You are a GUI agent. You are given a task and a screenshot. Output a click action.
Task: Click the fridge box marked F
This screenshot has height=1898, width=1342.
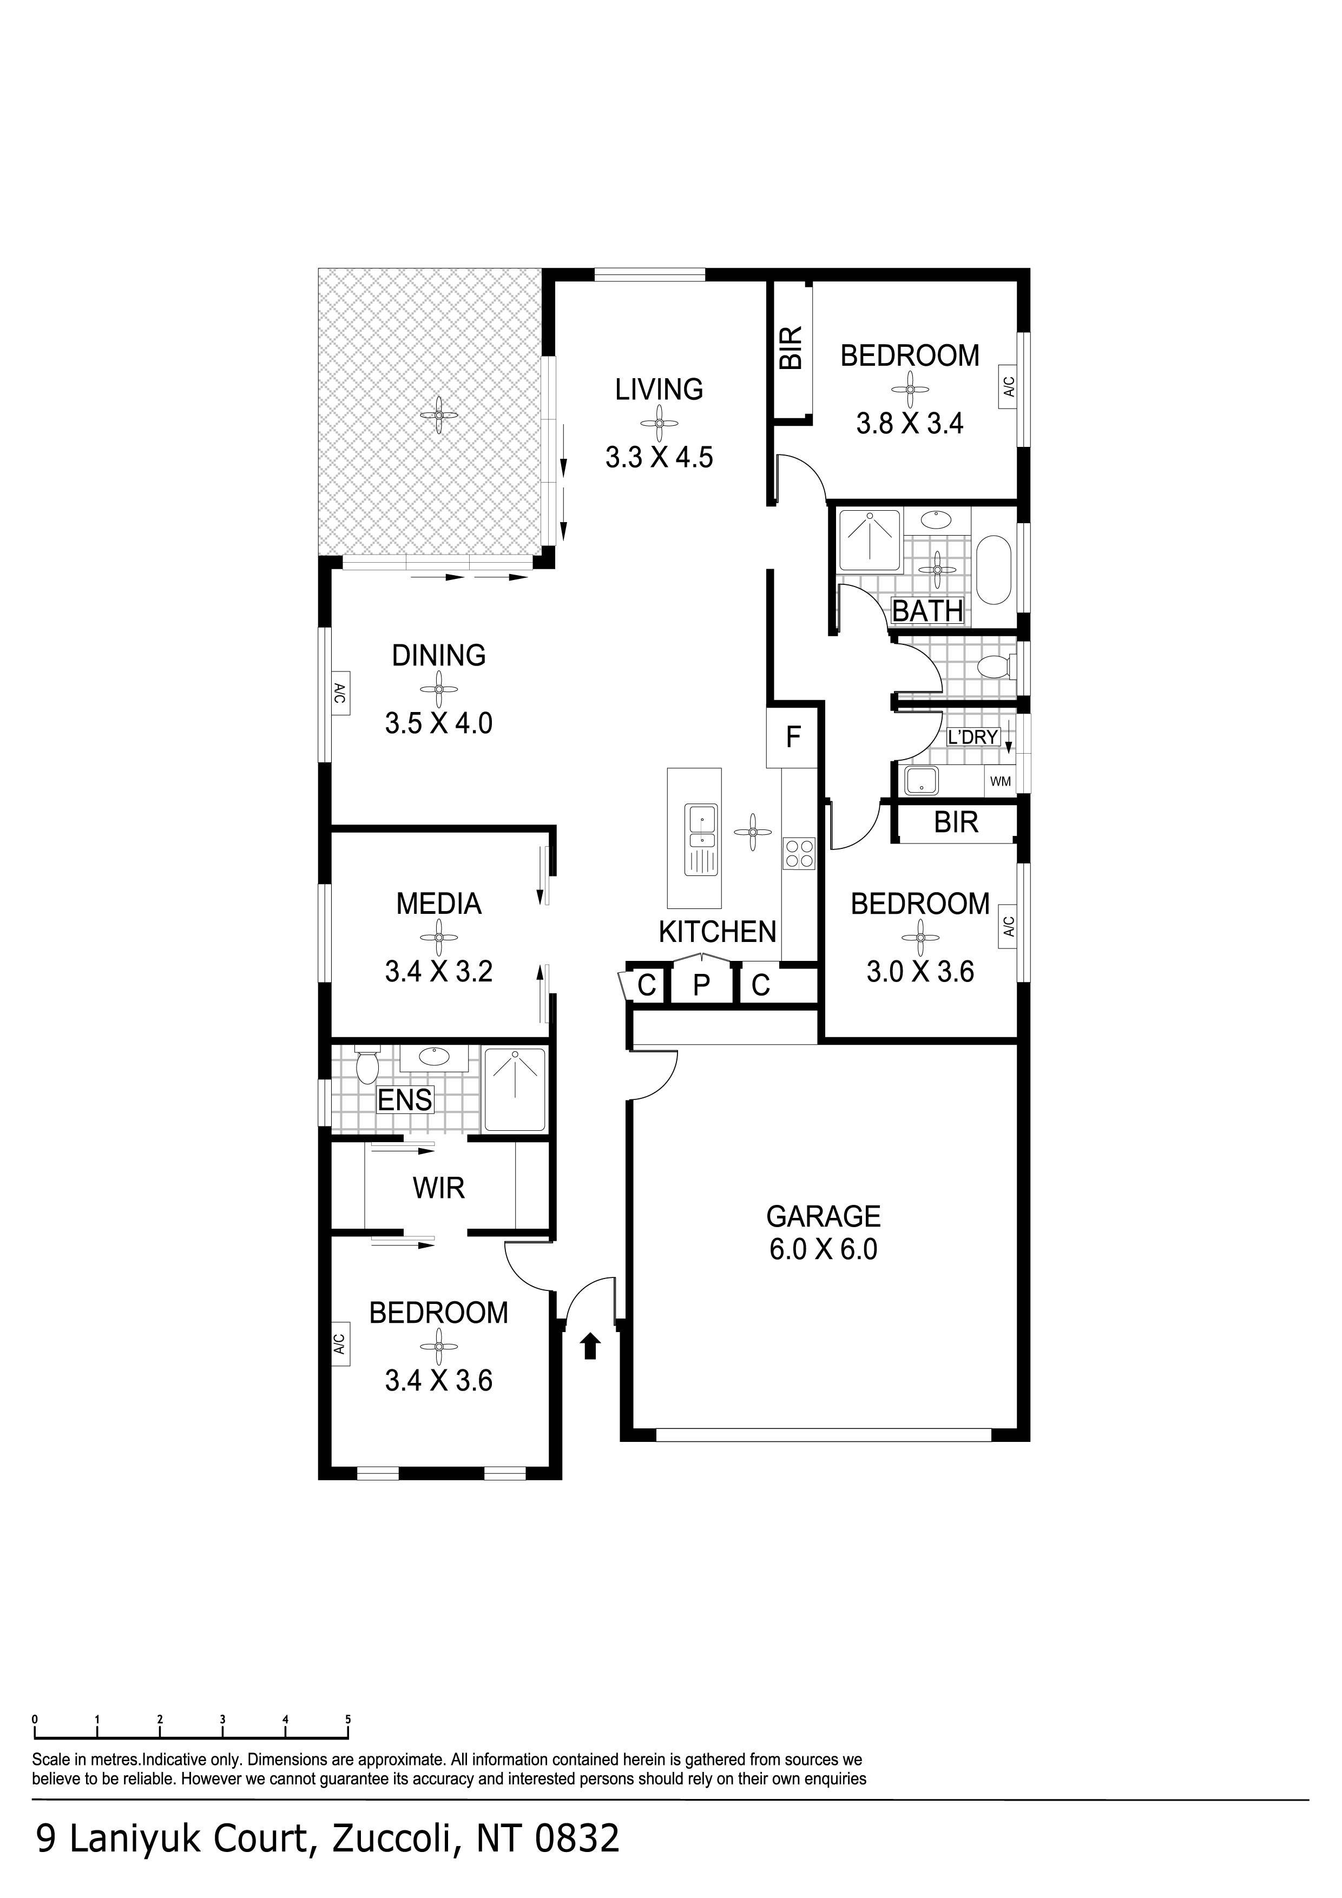pos(793,736)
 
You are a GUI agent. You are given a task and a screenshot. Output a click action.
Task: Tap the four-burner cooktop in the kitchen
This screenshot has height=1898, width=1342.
pos(799,853)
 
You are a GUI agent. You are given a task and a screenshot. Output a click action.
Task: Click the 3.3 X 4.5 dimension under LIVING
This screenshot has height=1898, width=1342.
pos(659,457)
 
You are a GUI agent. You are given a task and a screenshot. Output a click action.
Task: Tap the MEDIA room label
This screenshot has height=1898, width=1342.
pos(438,904)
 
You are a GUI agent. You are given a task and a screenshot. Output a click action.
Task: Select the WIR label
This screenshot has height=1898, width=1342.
pos(438,1188)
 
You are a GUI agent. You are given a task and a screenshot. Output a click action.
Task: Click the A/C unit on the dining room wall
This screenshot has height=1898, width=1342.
pos(339,692)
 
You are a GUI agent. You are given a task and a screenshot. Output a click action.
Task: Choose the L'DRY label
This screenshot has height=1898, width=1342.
pos(973,736)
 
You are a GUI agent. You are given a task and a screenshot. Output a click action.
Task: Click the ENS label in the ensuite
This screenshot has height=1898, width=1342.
pos(405,1100)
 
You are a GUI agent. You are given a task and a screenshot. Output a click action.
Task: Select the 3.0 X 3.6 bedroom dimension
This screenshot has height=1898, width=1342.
pos(920,971)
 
